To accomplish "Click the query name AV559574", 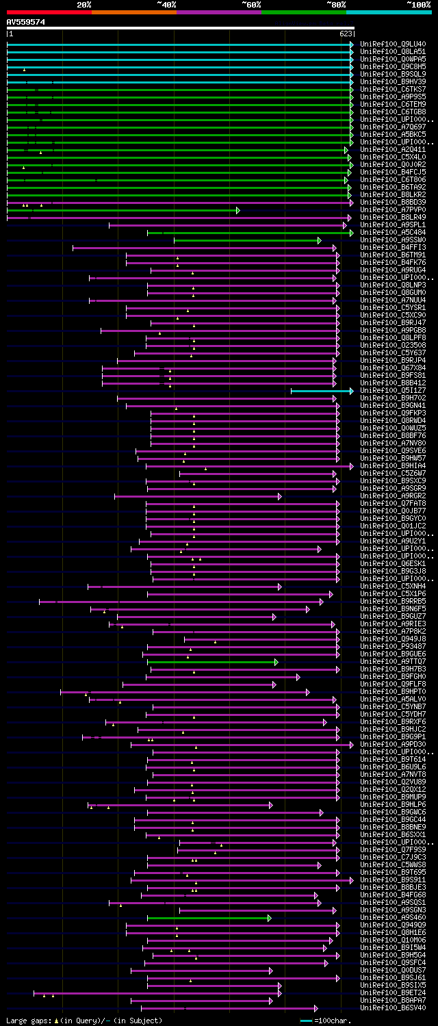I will [x=26, y=22].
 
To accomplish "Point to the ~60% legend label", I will [x=251, y=5].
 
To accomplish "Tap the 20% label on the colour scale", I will [x=83, y=5].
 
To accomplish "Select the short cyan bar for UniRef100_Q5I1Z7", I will [x=321, y=391].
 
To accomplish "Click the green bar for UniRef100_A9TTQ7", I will [x=212, y=662].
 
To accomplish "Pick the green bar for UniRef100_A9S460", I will [x=209, y=918].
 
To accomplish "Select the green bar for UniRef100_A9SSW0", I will [x=246, y=240].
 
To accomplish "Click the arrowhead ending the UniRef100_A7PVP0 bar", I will [x=238, y=210].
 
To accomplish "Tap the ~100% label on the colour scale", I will [x=418, y=5].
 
